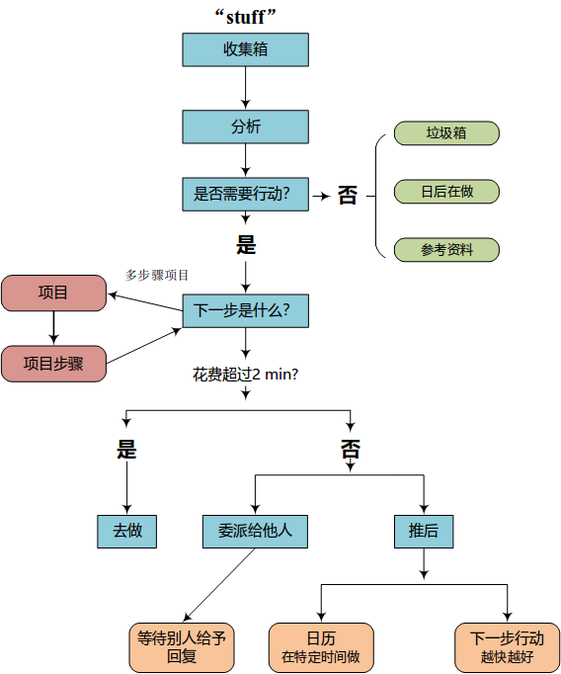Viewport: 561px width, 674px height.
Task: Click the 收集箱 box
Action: [x=245, y=49]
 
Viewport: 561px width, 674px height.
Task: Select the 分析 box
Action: [x=245, y=126]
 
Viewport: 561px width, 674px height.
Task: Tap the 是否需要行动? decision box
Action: [x=245, y=195]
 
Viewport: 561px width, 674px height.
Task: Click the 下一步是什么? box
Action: [x=245, y=310]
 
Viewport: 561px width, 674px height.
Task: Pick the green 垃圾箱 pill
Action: [x=446, y=133]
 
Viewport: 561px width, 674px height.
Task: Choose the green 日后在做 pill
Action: [x=446, y=192]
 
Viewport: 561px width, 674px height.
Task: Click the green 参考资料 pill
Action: [x=446, y=250]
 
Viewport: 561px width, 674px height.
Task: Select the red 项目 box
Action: [x=53, y=294]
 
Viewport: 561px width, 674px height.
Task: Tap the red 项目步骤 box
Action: [x=53, y=364]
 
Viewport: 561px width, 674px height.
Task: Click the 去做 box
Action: [x=126, y=532]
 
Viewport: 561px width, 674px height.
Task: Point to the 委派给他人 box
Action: [x=255, y=532]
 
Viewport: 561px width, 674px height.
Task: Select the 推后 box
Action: [x=424, y=532]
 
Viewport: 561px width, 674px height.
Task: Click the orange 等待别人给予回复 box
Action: [x=182, y=647]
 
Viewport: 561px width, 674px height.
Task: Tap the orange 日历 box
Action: [x=321, y=647]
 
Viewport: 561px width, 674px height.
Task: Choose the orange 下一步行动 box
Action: [x=508, y=647]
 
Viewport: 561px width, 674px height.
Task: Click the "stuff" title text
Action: [x=245, y=17]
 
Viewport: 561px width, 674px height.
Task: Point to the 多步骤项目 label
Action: [x=157, y=275]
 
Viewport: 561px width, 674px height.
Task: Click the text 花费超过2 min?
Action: [x=245, y=375]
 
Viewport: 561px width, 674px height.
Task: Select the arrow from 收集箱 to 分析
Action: [x=245, y=88]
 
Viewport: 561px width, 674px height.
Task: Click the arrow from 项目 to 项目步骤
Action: [x=53, y=328]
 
